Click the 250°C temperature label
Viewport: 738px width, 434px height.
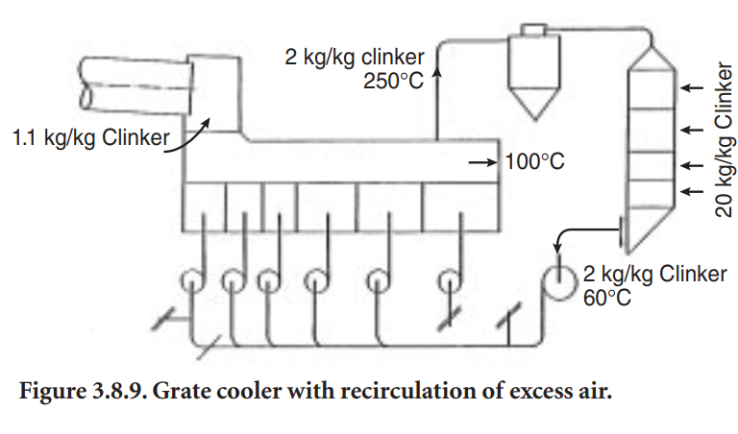(x=393, y=82)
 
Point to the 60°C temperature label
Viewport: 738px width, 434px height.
(x=607, y=299)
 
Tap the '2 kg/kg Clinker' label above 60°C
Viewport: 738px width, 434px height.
(x=654, y=275)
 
